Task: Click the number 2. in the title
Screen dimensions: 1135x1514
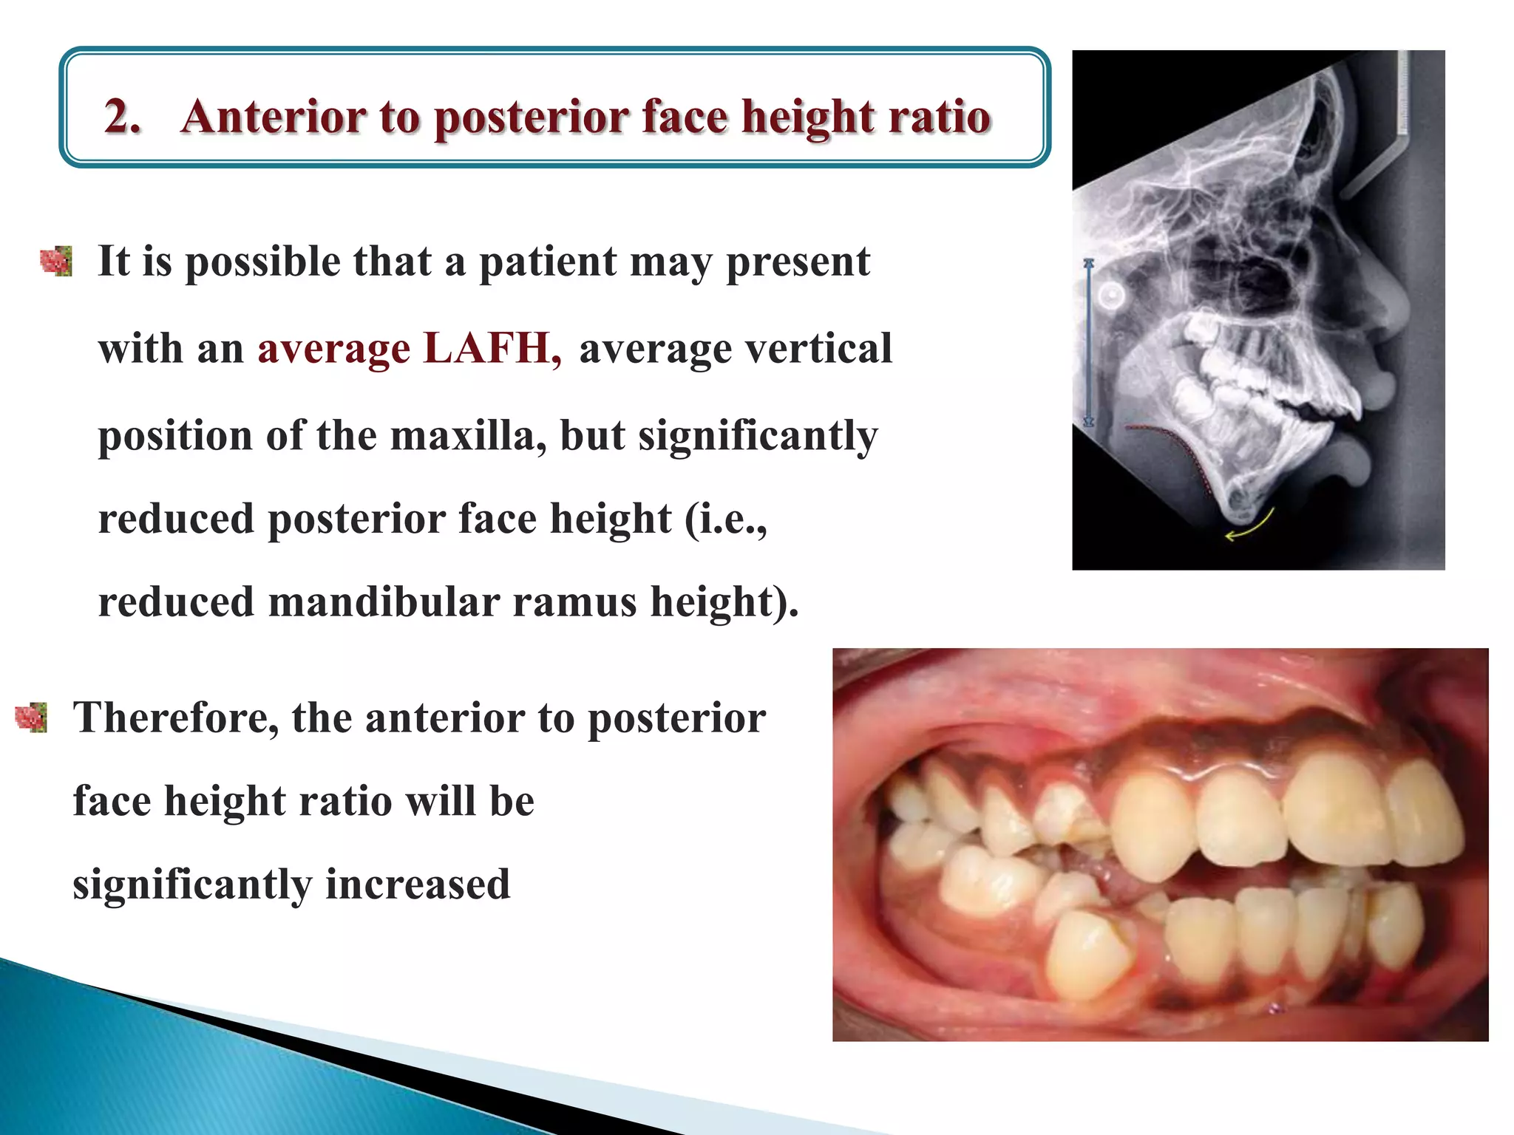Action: [x=123, y=117]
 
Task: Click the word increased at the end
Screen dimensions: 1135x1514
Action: [x=418, y=885]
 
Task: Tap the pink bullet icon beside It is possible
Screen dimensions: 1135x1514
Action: [x=57, y=262]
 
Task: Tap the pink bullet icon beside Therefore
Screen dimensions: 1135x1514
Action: [x=32, y=718]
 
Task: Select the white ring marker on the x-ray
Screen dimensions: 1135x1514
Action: [x=1111, y=296]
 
